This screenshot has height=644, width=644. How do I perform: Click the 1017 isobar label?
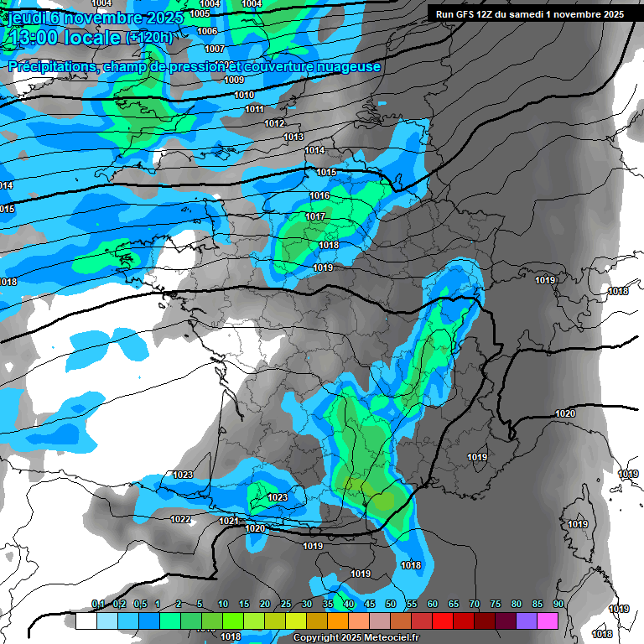[x=315, y=216]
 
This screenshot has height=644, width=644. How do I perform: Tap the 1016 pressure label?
[x=319, y=195]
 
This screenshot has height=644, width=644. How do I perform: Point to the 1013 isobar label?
[x=293, y=137]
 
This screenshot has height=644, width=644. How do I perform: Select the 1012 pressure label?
[x=274, y=123]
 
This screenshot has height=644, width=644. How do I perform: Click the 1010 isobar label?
[x=244, y=95]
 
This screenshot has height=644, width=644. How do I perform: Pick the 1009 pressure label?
[x=234, y=80]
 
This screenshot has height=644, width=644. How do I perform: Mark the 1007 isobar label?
[x=215, y=49]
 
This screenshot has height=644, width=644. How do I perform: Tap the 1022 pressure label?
[x=180, y=519]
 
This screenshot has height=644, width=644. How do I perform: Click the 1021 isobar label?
[x=229, y=521]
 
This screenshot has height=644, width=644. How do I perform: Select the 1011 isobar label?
[x=255, y=109]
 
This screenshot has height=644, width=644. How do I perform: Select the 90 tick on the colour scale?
[x=558, y=604]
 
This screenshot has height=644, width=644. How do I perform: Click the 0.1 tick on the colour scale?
[x=97, y=604]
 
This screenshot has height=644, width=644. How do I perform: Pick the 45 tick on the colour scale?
[x=370, y=604]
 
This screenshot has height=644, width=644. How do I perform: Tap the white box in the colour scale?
[x=86, y=621]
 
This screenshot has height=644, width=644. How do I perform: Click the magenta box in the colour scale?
[x=548, y=621]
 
